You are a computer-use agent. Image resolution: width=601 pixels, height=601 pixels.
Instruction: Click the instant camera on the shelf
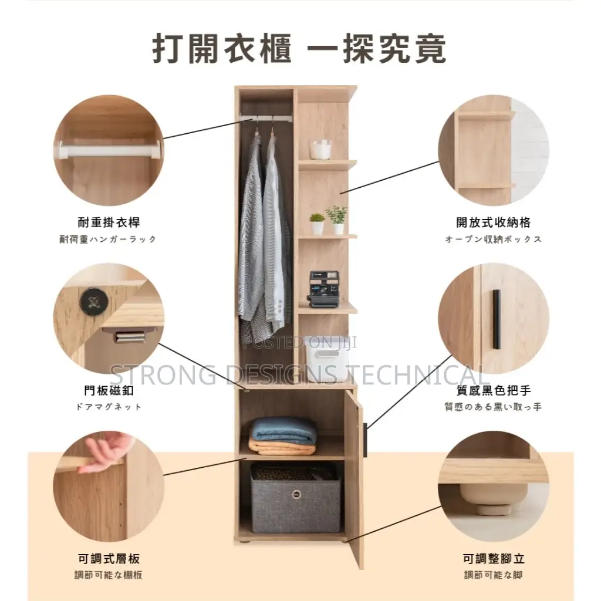324,289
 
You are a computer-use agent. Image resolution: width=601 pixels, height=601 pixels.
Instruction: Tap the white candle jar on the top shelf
320,150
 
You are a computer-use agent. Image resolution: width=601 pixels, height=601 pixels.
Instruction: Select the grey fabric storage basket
295,498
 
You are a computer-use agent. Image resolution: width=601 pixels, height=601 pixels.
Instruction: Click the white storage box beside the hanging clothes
326,359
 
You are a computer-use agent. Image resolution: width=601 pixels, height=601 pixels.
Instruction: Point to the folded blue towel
283,430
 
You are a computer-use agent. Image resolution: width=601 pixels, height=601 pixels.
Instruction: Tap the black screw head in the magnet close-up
94,302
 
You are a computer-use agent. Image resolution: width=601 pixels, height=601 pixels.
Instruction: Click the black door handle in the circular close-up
497,319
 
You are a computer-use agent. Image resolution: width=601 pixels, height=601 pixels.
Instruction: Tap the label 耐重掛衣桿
109,222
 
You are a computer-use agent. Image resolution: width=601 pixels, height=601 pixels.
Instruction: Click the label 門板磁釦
109,390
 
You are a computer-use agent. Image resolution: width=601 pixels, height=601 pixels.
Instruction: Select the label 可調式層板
109,559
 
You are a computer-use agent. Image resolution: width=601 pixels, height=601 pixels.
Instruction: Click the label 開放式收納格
493,222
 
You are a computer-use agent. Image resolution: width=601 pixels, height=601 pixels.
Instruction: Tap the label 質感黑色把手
493,390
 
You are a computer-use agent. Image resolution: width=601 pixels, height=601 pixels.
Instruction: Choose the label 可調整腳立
493,559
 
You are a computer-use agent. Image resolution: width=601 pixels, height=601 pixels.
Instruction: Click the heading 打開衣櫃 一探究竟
300,49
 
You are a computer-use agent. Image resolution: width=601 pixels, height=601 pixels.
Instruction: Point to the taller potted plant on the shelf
336,220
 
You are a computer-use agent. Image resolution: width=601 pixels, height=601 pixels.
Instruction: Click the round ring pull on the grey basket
296,494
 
